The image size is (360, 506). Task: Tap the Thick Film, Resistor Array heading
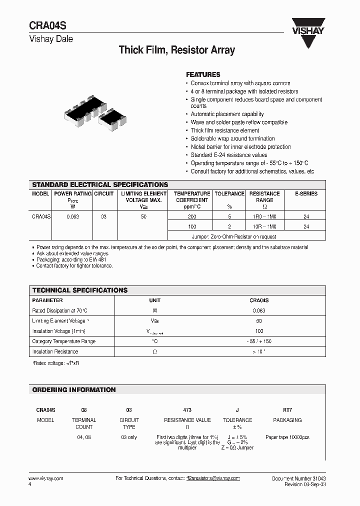pyautogui.click(x=176, y=50)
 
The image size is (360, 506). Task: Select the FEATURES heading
pyautogui.click(x=203, y=74)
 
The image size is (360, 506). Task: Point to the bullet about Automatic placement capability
pyautogui.click(x=227, y=114)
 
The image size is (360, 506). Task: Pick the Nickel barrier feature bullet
pyautogui.click(x=240, y=147)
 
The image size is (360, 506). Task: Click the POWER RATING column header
pyautogui.click(x=72, y=193)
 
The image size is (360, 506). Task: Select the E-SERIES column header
pyautogui.click(x=306, y=193)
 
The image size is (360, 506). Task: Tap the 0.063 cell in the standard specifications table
pyautogui.click(x=72, y=216)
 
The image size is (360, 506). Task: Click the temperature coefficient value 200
pyautogui.click(x=192, y=216)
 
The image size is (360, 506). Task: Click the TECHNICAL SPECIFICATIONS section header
pyautogui.click(x=80, y=290)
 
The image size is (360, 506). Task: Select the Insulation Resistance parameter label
pyautogui.click(x=55, y=352)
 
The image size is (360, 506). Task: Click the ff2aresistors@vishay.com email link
pyautogui.click(x=213, y=478)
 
